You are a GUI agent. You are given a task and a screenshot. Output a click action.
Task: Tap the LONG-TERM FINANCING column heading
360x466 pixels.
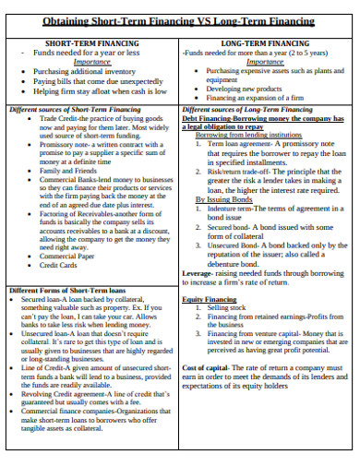[265, 43]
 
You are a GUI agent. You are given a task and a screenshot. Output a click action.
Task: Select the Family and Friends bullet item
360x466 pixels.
[66, 171]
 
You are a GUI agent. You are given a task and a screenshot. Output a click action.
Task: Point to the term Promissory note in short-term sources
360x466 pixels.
[65, 145]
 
